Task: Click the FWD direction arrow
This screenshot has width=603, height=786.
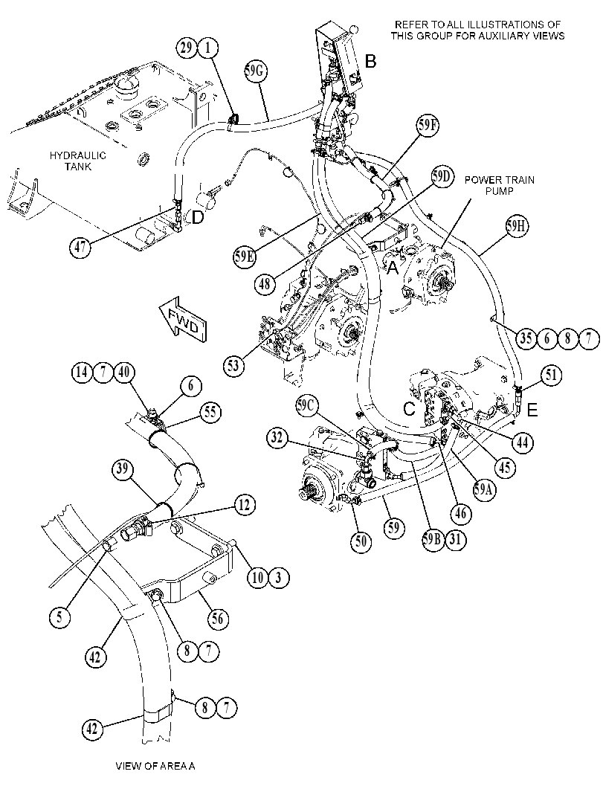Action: [182, 318]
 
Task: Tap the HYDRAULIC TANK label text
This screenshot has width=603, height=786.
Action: [77, 161]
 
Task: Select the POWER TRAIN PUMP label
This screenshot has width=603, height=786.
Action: [499, 185]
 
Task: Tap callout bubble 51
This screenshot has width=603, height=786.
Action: [551, 376]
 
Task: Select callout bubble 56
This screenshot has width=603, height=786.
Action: [216, 619]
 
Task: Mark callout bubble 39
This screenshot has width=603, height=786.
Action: [121, 470]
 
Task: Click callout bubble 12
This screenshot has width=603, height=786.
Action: [244, 505]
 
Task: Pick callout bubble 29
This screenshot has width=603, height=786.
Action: [187, 48]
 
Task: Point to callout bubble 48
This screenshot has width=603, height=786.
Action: [264, 284]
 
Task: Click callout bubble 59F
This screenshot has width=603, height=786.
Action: [428, 126]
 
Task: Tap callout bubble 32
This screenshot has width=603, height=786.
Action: [277, 438]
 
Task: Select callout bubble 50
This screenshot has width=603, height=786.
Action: [361, 541]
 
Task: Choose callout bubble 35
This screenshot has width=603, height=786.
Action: [526, 339]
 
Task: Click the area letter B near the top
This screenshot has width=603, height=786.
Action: [370, 62]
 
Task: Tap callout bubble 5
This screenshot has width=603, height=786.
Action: [59, 617]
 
